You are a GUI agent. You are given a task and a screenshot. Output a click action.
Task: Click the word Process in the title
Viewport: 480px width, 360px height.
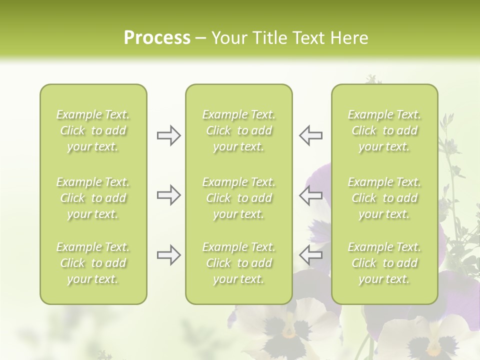pyautogui.click(x=157, y=38)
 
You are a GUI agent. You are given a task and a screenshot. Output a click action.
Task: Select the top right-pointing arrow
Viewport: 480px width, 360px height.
pyautogui.click(x=169, y=135)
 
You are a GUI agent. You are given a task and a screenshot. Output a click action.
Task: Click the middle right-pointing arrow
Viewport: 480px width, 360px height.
pyautogui.click(x=169, y=195)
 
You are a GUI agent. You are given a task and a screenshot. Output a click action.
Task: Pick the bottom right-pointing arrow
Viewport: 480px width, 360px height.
pyautogui.click(x=169, y=255)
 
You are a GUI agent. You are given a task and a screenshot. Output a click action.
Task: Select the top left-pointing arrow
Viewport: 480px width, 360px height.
pyautogui.click(x=310, y=135)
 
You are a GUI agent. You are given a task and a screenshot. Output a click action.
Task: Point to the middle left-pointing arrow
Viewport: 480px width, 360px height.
pyautogui.click(x=310, y=195)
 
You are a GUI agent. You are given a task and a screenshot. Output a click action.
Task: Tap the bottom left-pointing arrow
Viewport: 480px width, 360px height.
pyautogui.click(x=310, y=255)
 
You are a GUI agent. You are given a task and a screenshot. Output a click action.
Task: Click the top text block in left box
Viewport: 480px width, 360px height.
pyautogui.click(x=93, y=130)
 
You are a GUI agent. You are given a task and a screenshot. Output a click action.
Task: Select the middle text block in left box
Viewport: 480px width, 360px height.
pyautogui.click(x=93, y=198)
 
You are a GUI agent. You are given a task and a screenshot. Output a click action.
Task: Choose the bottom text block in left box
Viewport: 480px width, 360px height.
pyautogui.click(x=93, y=263)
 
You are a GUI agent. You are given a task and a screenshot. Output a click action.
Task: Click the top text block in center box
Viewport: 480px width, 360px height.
pyautogui.click(x=238, y=130)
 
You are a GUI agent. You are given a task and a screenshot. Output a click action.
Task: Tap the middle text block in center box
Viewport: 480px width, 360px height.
pyautogui.click(x=238, y=198)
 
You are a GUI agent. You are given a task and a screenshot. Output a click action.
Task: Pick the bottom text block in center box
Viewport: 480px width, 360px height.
pyautogui.click(x=238, y=263)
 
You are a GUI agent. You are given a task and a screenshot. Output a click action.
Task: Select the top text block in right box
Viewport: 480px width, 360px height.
pyautogui.click(x=384, y=130)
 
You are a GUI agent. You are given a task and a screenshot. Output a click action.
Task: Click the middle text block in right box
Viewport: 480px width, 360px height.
pyautogui.click(x=384, y=198)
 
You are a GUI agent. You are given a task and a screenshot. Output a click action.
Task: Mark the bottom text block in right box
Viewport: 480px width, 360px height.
pyautogui.click(x=384, y=263)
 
